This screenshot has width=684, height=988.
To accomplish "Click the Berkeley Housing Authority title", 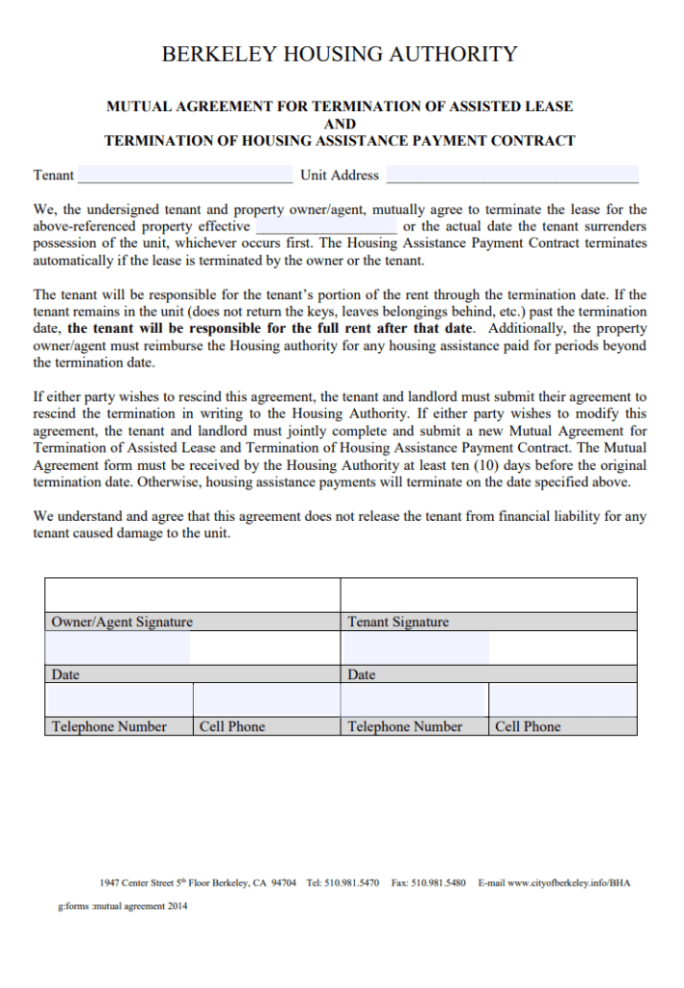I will [340, 54].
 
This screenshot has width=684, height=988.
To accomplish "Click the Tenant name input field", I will [185, 175].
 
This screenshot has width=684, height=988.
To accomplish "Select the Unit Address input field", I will [511, 175].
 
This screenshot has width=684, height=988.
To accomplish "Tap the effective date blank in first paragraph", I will [326, 227].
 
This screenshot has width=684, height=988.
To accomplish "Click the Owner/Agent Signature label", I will [122, 622].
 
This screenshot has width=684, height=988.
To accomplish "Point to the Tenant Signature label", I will [397, 622].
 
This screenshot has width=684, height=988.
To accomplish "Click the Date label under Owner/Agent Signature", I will [66, 674].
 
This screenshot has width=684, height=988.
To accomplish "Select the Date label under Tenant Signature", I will [362, 674].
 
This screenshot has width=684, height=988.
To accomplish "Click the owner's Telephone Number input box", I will [120, 700].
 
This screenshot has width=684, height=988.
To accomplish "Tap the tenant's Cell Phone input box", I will [562, 700].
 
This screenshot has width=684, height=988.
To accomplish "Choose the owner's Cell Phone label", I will [232, 727].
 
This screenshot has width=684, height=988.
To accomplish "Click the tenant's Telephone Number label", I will [404, 727].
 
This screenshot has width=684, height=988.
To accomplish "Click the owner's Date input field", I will [118, 647].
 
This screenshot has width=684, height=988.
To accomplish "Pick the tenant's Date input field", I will [416, 647].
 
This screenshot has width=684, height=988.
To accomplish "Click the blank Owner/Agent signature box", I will [192, 594].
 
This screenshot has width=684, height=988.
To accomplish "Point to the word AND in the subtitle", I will [340, 123].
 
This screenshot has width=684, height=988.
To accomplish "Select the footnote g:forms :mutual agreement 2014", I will [123, 907].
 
